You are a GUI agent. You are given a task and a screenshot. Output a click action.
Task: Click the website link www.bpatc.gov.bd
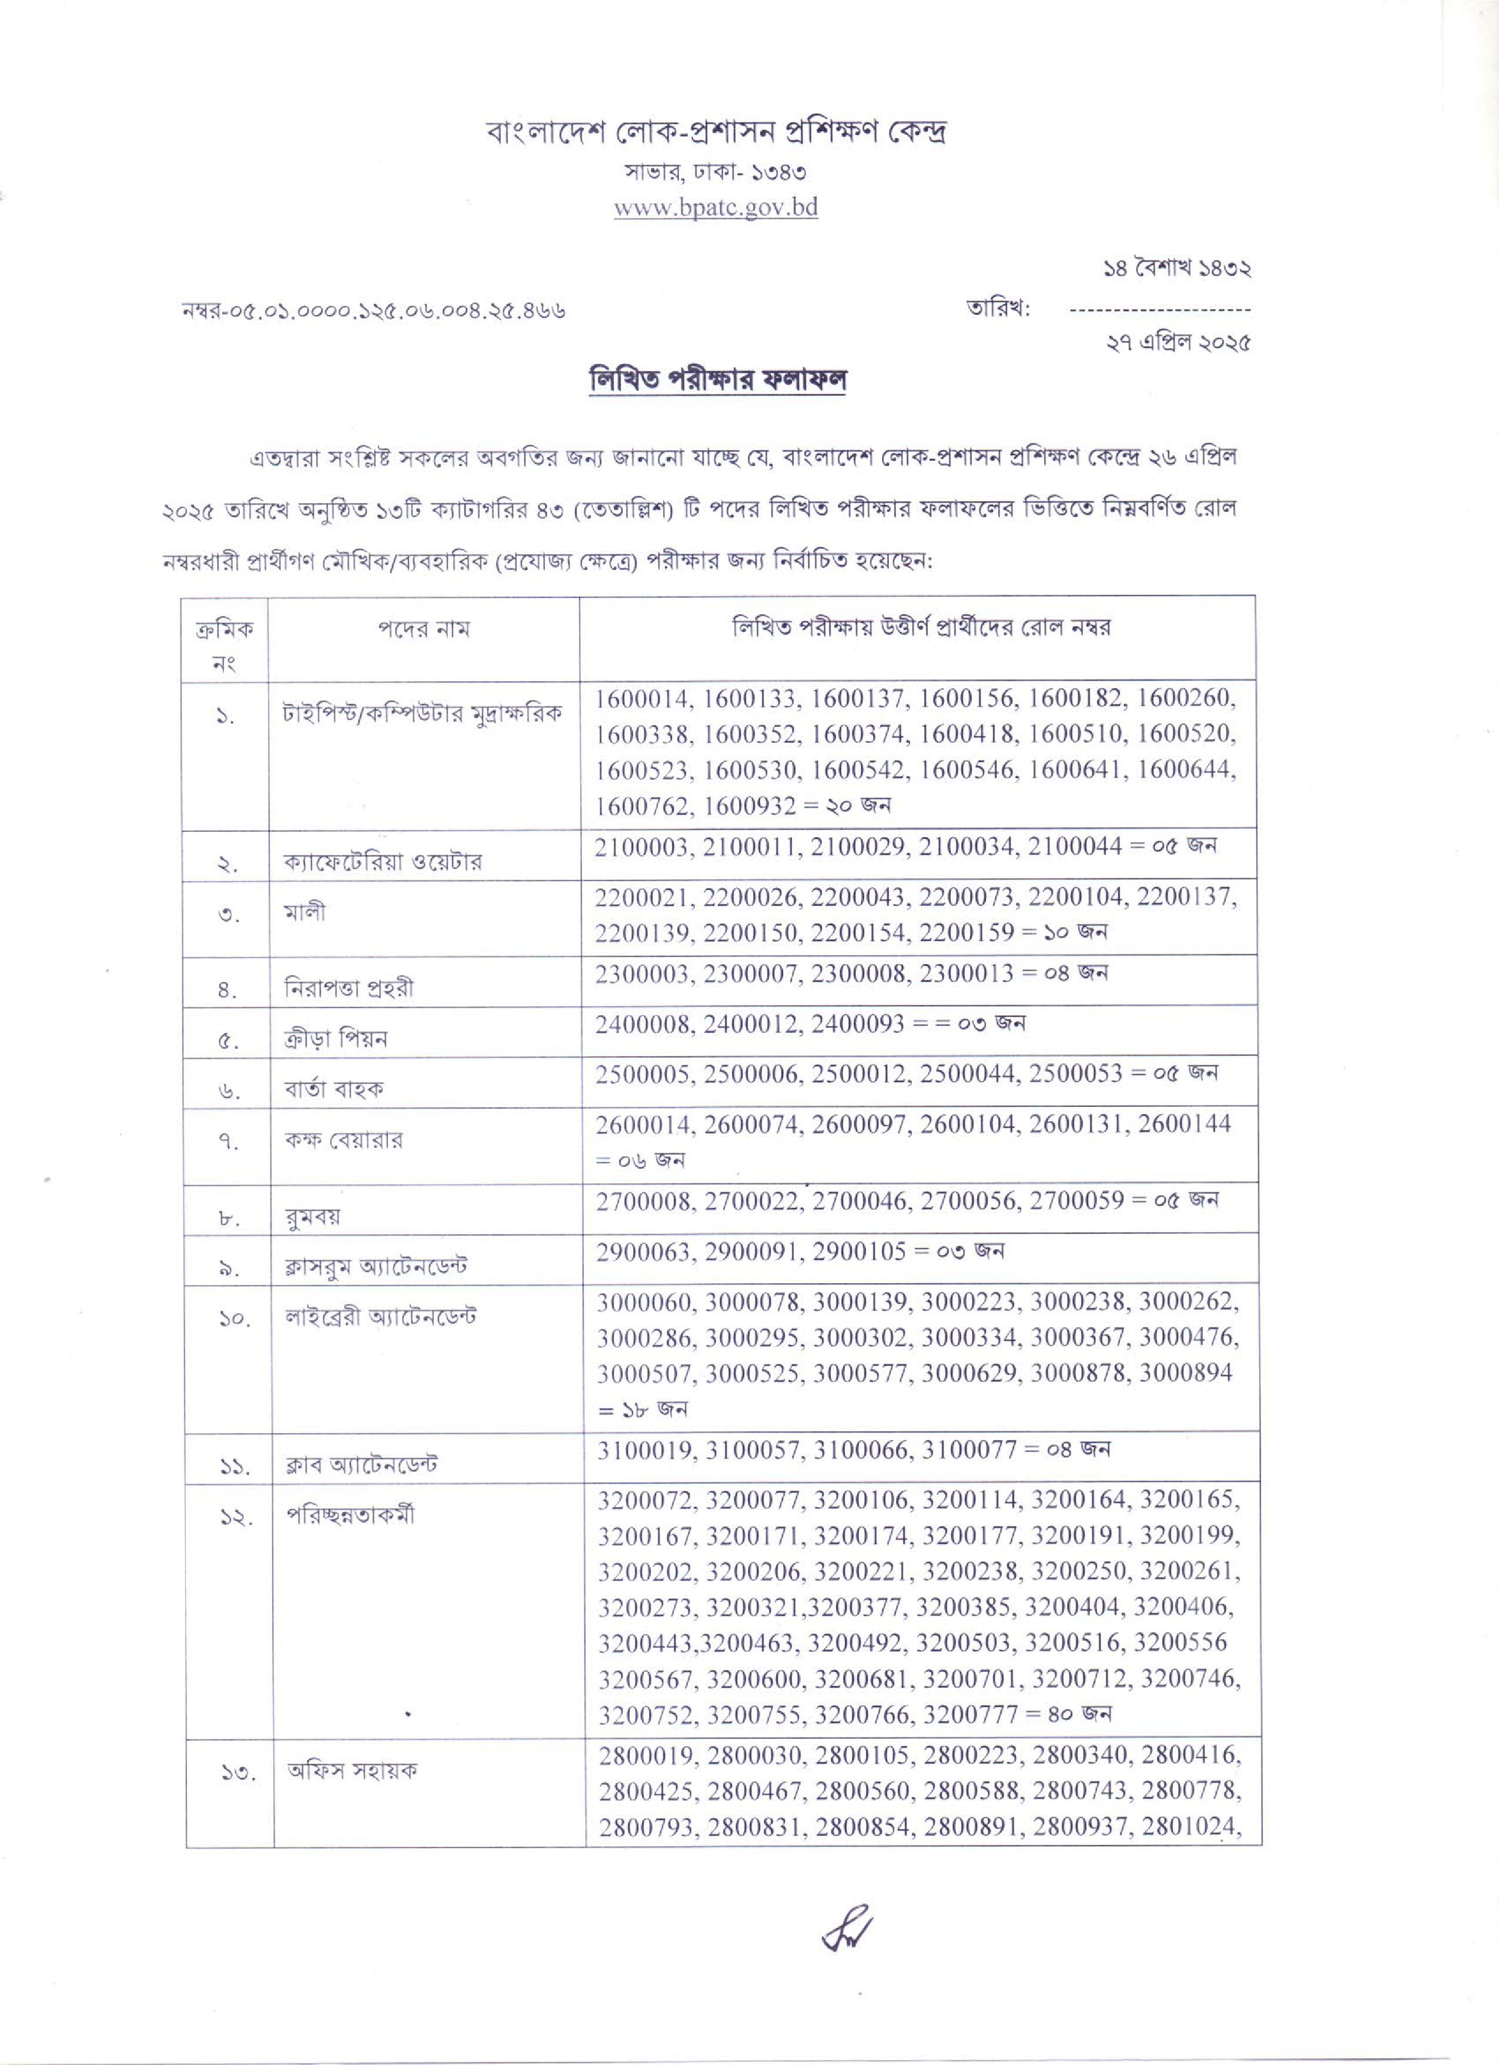point(716,207)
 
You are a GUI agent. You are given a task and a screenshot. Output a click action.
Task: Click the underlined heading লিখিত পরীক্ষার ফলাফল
point(718,378)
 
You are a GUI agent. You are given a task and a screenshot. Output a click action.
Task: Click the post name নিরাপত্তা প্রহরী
point(349,988)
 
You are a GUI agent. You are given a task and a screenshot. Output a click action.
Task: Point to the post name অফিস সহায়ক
point(352,1771)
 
